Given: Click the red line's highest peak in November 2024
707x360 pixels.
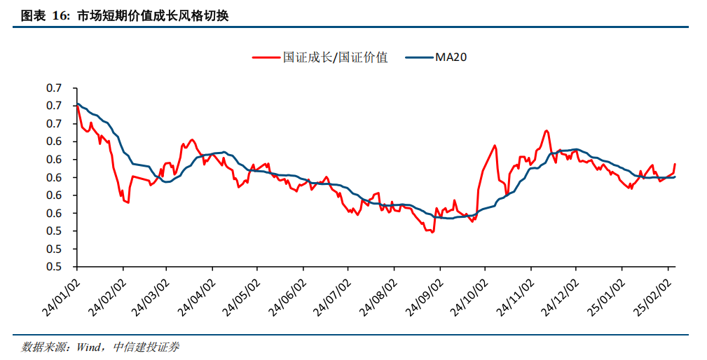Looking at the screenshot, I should (547, 130).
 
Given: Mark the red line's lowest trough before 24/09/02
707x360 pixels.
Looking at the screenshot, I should (432, 232).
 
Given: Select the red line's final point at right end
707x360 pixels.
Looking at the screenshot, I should (675, 164).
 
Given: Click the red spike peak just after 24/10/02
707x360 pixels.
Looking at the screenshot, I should (495, 146).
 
